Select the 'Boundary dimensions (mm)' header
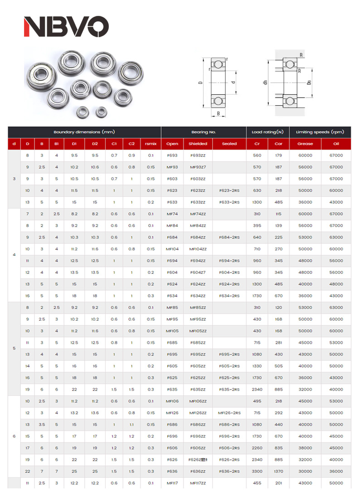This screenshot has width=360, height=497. point(84,132)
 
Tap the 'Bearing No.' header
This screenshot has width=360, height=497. point(204,132)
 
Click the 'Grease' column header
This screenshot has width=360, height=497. point(305,144)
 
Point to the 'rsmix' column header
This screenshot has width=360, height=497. point(151,144)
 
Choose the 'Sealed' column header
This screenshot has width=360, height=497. point(229,144)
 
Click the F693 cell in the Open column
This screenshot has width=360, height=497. point(172,156)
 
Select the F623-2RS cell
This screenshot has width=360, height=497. point(229,190)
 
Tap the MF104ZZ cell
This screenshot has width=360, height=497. point(198,249)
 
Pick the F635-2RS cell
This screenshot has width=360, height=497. point(229,389)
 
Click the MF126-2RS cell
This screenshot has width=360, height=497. point(229,413)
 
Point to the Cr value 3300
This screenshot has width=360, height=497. point(257,471)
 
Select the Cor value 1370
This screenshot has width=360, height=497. point(278,471)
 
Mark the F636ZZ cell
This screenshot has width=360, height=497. point(198,471)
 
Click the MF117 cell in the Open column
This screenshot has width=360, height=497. point(172,483)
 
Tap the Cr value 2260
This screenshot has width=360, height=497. point(257,448)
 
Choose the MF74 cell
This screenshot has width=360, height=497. point(172,214)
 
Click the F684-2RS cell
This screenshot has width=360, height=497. point(229,237)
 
